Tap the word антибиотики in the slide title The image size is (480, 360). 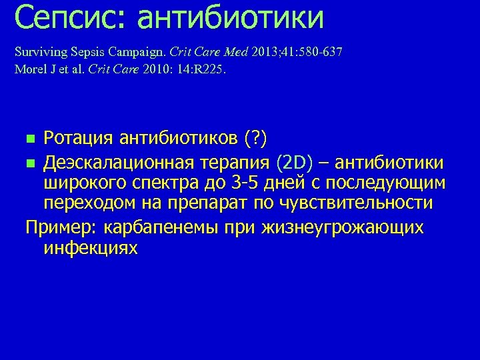(231, 18)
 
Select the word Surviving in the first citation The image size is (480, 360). (38, 52)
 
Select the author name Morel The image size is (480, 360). (31, 69)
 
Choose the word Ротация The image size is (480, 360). (79, 139)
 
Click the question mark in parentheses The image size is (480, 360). (256, 139)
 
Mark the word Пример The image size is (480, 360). (60, 227)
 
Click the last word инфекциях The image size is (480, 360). (91, 249)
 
